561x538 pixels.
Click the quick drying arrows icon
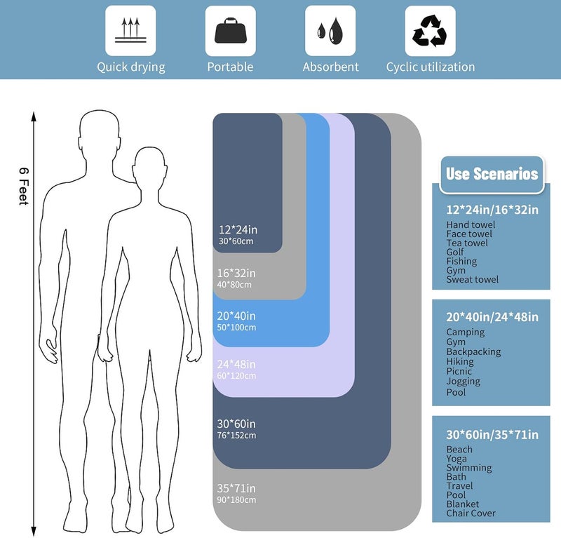[130, 30]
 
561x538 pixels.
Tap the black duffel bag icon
[231, 30]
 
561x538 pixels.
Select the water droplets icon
[330, 31]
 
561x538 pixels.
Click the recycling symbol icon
[430, 31]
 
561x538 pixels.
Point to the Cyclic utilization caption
[431, 67]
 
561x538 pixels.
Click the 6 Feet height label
[24, 186]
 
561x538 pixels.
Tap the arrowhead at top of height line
[34, 116]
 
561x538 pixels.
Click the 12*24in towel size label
[238, 229]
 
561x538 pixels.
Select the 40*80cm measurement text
[234, 285]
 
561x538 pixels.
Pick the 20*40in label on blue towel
[236, 316]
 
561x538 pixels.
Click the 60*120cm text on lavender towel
[236, 375]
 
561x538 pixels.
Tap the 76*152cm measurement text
[236, 436]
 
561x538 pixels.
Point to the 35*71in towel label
[236, 488]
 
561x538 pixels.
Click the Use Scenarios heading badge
[492, 175]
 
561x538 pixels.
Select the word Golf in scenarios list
[454, 252]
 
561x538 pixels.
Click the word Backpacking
[473, 352]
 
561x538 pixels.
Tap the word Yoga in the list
[457, 459]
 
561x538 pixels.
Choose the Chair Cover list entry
[471, 513]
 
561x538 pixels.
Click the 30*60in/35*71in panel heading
[492, 435]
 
